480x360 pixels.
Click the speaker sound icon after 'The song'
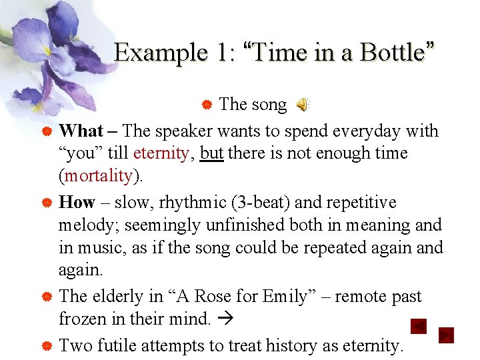303,105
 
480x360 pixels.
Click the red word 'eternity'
161,153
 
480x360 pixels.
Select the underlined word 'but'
211,153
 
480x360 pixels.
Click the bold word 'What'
80,131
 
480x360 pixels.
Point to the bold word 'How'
77,202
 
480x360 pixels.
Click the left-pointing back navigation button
418,327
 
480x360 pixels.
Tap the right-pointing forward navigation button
446,335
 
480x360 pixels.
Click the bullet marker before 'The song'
207,105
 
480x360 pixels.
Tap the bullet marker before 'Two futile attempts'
47,346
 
